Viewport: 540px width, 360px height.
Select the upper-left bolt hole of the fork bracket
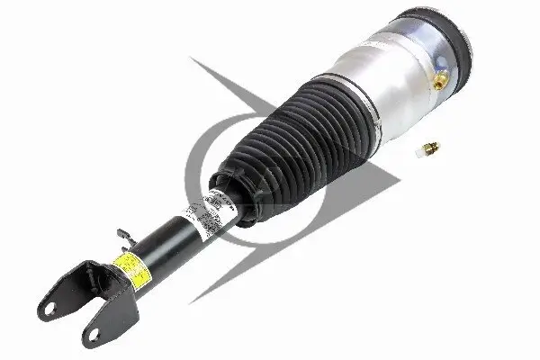pyautogui.click(x=50, y=307)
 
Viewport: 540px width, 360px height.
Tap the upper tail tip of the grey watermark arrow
pyautogui.click(x=191, y=59)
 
